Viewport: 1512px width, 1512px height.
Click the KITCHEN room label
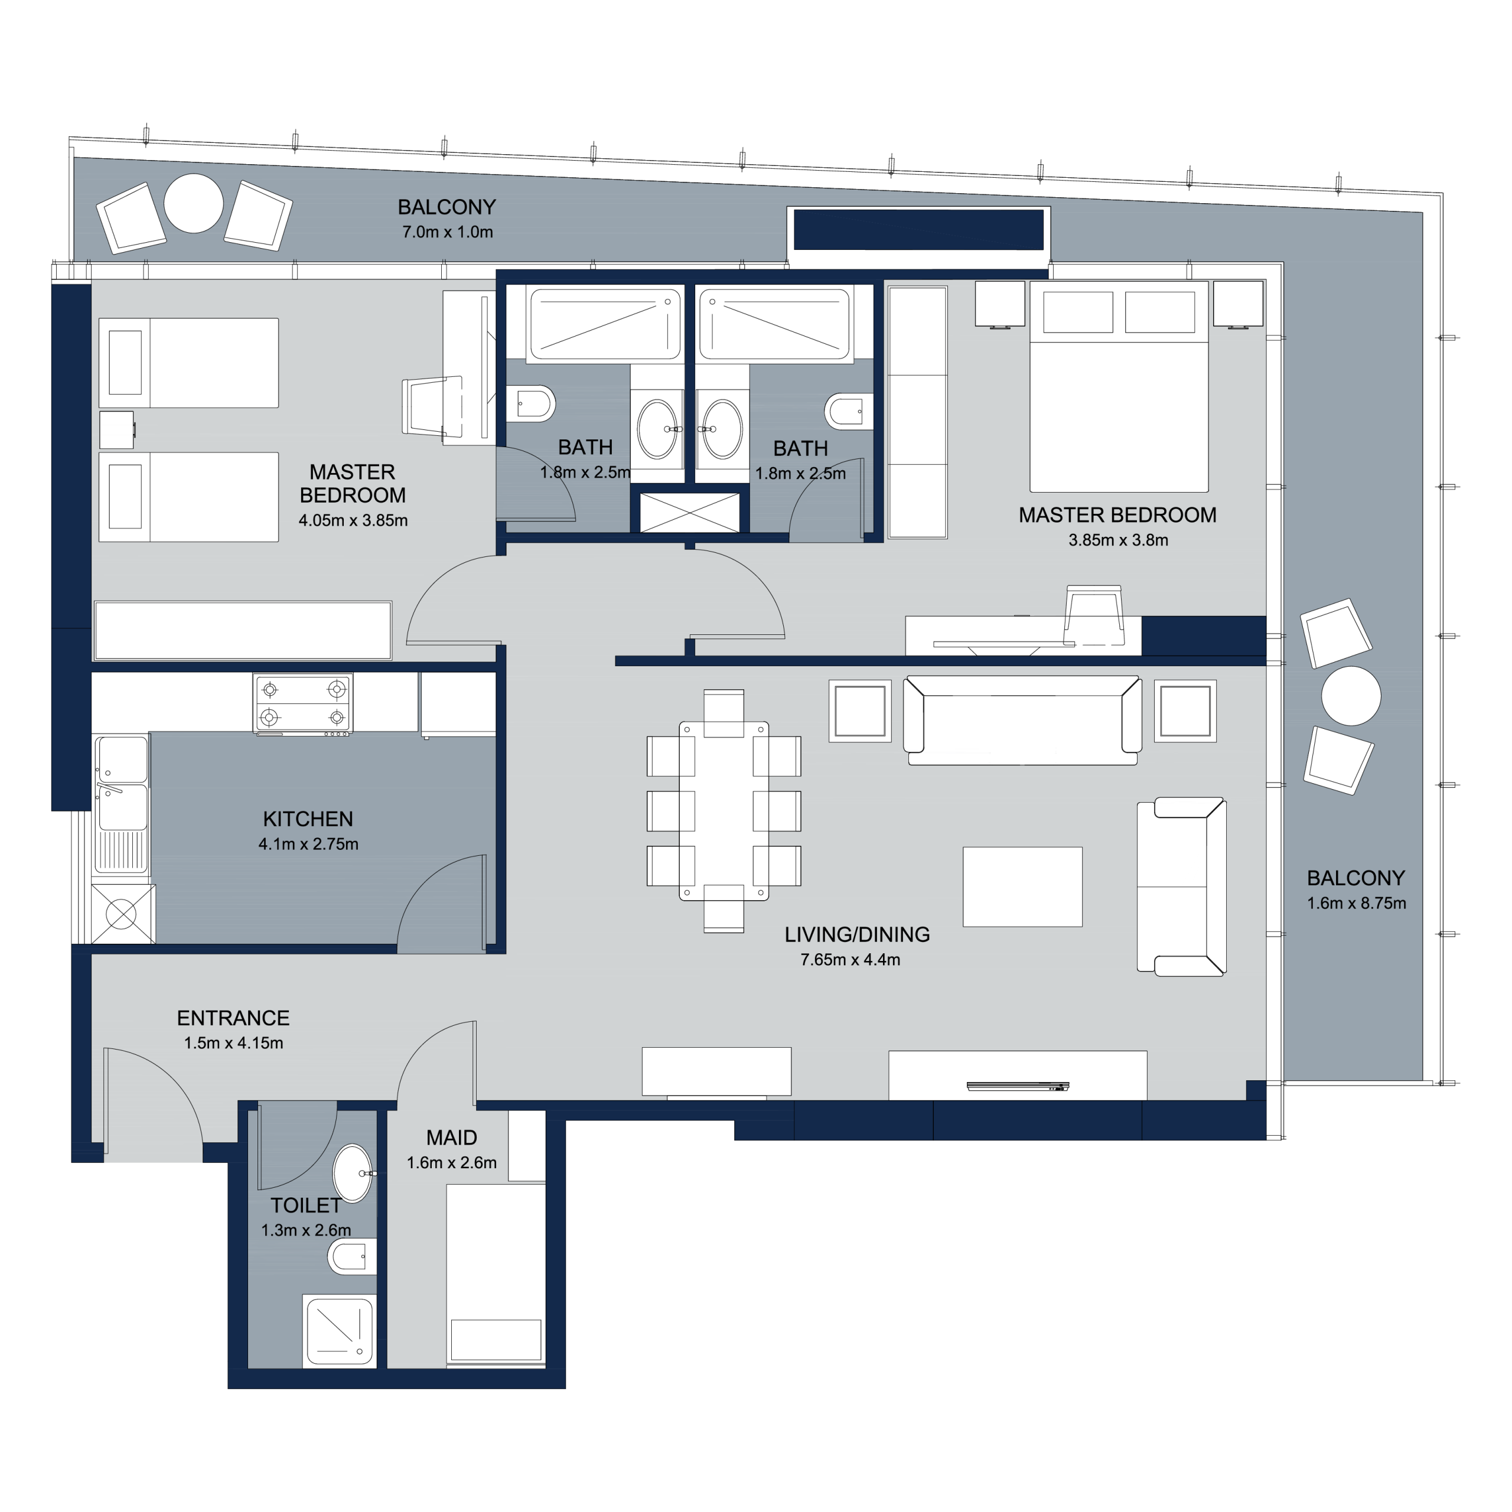308,819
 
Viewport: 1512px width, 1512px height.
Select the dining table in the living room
724,811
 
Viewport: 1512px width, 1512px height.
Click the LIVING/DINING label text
857,934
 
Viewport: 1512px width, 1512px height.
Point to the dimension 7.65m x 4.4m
850,960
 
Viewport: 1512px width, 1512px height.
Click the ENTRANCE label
233,1018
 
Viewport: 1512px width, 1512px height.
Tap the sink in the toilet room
353,1173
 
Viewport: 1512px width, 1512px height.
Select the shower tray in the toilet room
340,1331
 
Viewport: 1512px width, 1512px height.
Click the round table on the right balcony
1351,696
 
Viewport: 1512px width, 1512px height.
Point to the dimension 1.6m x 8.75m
1356,903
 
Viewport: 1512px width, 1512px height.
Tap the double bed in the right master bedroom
1119,387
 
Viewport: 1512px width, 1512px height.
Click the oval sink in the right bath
722,429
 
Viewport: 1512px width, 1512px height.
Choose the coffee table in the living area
1023,887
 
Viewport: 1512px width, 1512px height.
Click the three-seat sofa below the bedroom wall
1022,720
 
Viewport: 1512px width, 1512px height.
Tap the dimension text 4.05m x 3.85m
353,520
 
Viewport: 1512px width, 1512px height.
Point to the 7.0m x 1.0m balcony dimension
448,232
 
